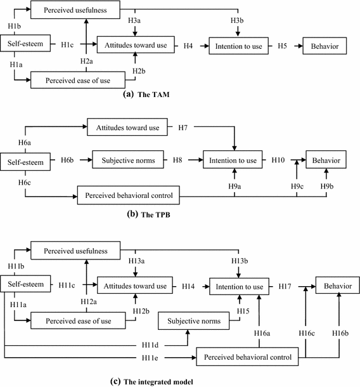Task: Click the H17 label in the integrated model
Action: pos(286,287)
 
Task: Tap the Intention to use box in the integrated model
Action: pos(238,287)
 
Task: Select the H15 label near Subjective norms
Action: pos(243,310)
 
